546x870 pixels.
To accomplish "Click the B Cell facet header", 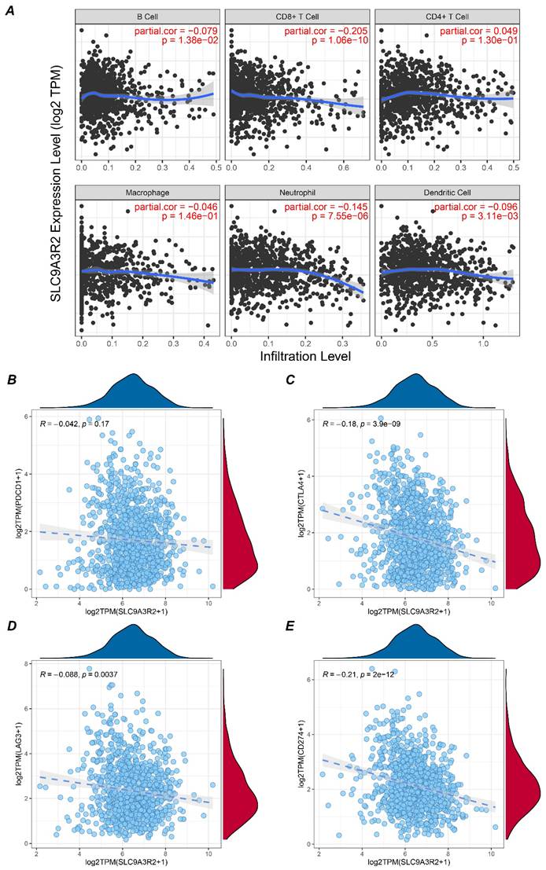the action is pyautogui.click(x=147, y=17).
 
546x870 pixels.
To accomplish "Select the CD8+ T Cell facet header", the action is pyautogui.click(x=297, y=17).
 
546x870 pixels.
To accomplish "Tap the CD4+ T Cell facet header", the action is pyautogui.click(x=447, y=17).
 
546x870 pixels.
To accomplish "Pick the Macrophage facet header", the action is pyautogui.click(x=147, y=193).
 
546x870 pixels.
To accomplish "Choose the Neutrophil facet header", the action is pyautogui.click(x=297, y=193).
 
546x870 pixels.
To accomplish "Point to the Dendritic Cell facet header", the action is pyautogui.click(x=447, y=193).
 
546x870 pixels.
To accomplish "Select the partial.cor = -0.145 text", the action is pyautogui.click(x=326, y=207).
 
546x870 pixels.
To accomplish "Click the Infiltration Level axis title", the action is pyautogui.click(x=305, y=356).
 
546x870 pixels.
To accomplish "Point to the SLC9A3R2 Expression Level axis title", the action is pyautogui.click(x=57, y=184).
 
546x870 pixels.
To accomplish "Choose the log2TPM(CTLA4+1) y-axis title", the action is pyautogui.click(x=301, y=504).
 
